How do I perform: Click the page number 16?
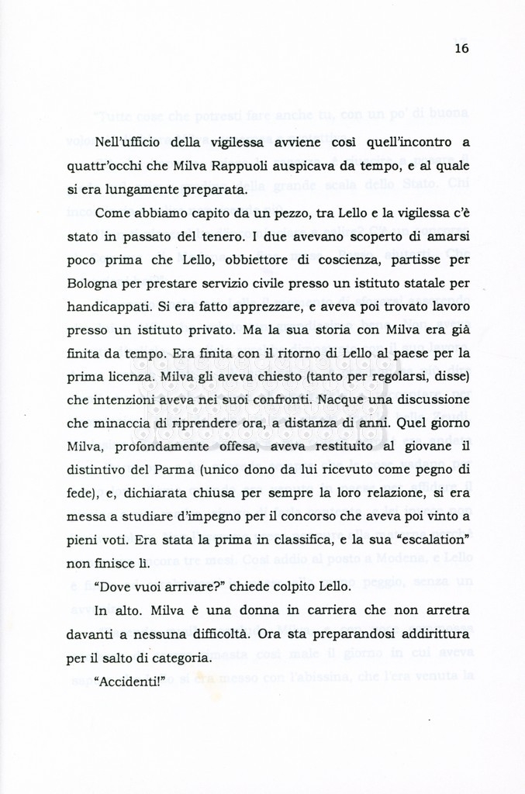tap(462, 48)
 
